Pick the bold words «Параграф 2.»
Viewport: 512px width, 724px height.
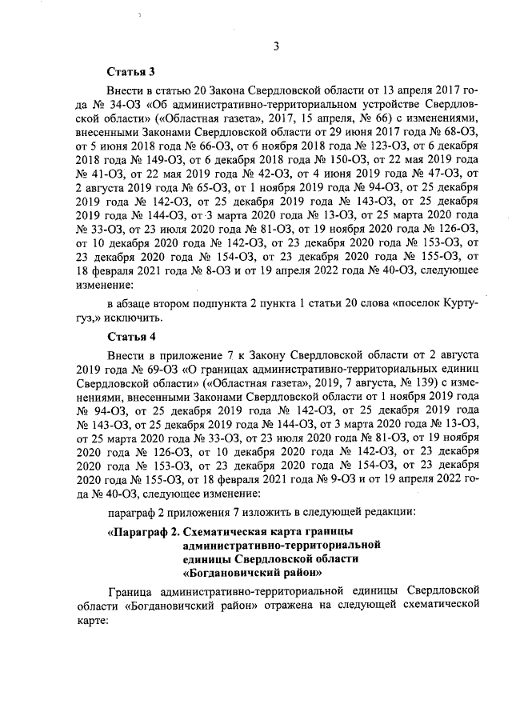(144, 531)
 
